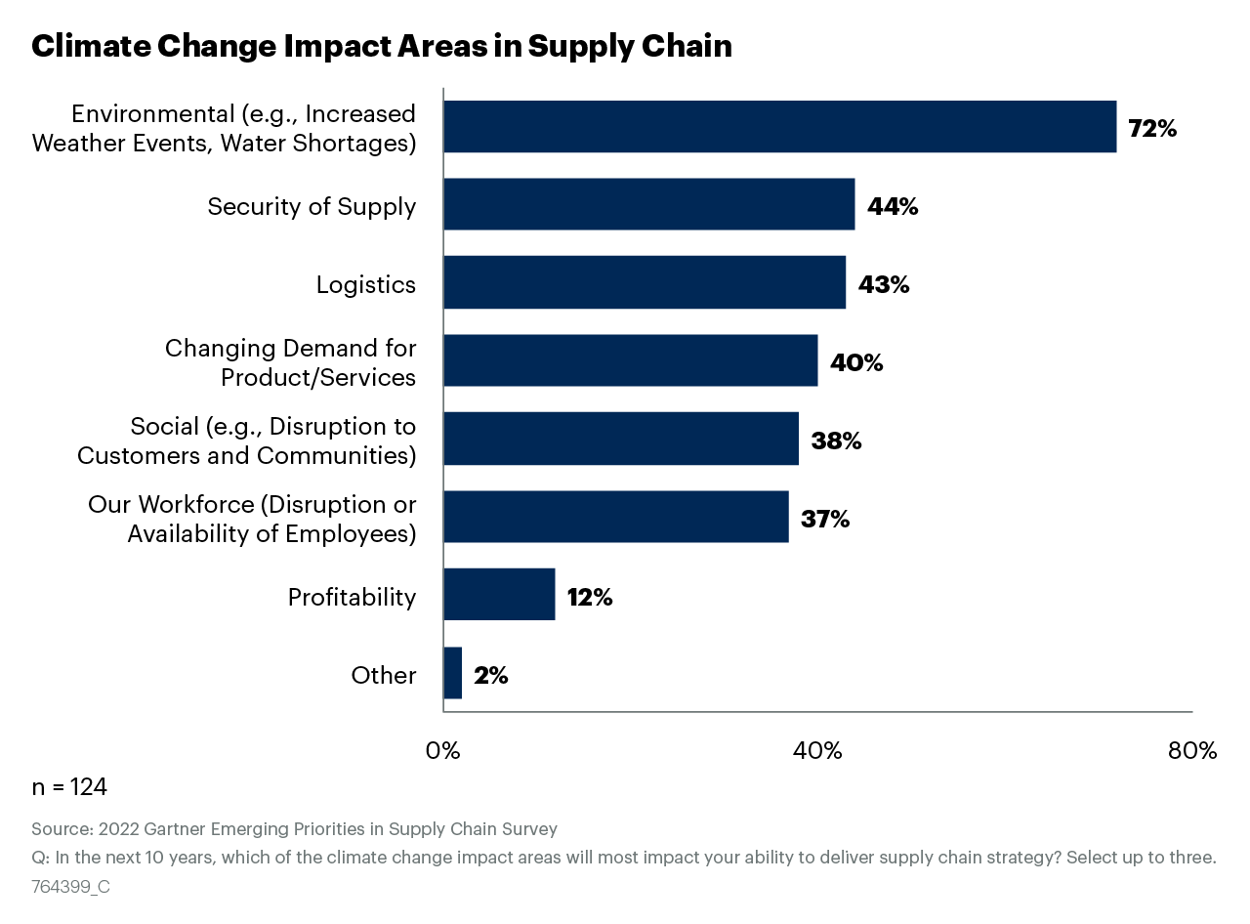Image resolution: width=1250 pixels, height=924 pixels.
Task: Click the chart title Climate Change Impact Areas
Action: coord(381,46)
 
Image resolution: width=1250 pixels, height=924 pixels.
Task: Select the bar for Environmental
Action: coord(779,127)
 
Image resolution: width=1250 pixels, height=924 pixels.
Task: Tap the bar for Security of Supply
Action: coord(648,205)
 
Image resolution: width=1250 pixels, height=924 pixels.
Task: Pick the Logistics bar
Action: coord(645,283)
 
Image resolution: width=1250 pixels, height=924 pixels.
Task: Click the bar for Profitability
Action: coord(499,595)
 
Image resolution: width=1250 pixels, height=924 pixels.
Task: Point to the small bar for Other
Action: coord(452,673)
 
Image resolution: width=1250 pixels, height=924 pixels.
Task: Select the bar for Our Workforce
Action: coord(615,517)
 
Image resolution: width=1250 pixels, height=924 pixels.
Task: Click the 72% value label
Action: coord(1152,128)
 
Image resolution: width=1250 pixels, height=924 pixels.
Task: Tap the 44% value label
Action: coord(892,206)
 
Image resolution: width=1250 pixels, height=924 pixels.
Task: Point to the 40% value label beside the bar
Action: coord(855,362)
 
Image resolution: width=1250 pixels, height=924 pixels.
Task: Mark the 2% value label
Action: coord(490,675)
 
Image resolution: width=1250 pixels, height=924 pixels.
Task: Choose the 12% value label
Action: coord(589,597)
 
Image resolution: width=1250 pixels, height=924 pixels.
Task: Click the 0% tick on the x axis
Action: coord(442,751)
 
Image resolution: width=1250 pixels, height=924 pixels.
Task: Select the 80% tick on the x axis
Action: coord(1192,751)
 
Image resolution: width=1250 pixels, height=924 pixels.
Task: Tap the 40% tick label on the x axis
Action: coord(817,751)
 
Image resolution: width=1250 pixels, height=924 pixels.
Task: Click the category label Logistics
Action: coord(365,284)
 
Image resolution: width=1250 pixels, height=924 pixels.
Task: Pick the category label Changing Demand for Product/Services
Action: coord(290,362)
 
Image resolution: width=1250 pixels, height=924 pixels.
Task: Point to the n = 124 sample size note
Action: coord(69,787)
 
